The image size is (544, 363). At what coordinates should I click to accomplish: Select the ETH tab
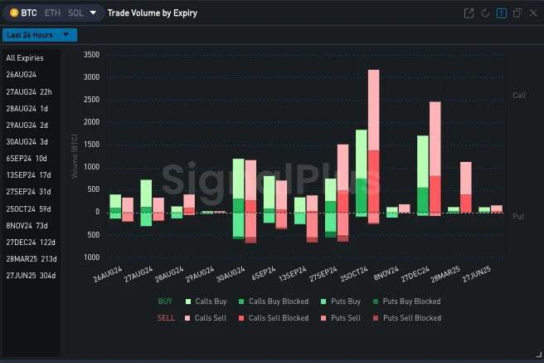(51, 13)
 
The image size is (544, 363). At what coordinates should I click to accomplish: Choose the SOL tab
(76, 13)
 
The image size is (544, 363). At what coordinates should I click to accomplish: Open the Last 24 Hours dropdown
(40, 35)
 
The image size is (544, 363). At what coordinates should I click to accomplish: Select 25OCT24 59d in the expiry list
(29, 208)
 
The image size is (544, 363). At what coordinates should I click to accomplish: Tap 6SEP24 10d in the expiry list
(27, 158)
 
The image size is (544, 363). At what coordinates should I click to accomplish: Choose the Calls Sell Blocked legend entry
(279, 318)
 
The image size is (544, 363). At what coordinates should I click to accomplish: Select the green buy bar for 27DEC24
(423, 166)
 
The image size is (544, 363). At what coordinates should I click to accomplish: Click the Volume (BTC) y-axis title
(75, 156)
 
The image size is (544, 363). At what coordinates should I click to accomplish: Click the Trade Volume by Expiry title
(153, 13)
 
